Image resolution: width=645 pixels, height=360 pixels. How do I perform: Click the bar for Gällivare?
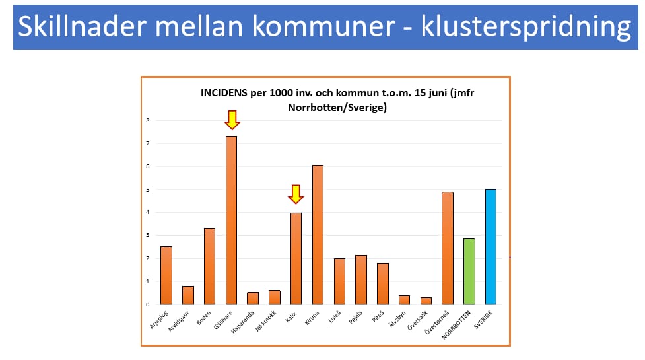pos(231,220)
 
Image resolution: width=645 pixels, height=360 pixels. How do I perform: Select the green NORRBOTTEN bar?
pos(469,271)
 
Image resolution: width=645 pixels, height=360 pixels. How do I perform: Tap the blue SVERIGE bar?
pos(491,246)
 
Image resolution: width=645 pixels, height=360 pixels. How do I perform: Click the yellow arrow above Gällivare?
pos(232,120)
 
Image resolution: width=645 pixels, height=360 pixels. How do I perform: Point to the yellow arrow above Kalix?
pos(296,194)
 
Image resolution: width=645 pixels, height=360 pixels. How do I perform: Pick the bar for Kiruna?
pos(318,234)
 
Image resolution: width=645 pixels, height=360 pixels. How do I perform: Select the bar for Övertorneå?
pos(448,248)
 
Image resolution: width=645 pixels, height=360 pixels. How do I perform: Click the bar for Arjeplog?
pos(166,275)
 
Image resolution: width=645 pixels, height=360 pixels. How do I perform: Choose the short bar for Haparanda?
pos(253,298)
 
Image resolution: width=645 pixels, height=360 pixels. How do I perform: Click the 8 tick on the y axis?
pos(148,120)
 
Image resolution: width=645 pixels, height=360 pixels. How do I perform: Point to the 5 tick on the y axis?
pos(148,190)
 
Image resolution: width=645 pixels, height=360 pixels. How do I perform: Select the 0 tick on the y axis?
pos(148,305)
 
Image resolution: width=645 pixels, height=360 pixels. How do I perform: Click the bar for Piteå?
pos(382,283)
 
